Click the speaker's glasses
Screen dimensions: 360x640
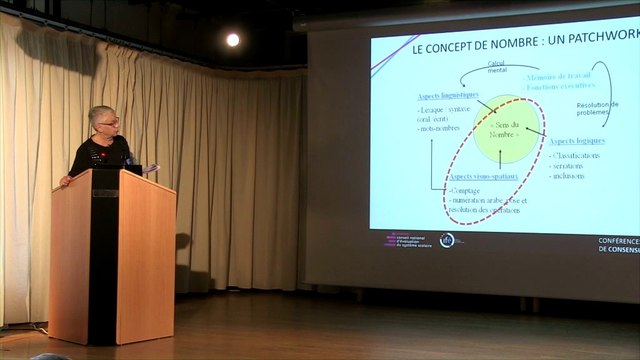pos(109,122)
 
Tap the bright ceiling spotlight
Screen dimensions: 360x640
pos(233,40)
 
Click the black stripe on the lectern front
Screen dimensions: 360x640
pos(103,260)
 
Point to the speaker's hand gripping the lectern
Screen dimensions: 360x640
pos(65,180)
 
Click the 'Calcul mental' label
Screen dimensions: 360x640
pos(498,67)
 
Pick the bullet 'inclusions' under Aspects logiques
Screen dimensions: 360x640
pos(568,176)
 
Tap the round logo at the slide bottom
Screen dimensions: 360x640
pos(447,240)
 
